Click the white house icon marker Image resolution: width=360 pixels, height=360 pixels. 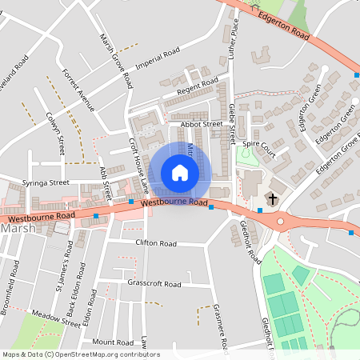click(x=180, y=173)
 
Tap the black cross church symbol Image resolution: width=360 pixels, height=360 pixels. click(x=273, y=198)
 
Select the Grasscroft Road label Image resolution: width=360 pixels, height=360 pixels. click(x=154, y=283)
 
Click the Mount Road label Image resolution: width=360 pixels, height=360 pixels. click(x=111, y=342)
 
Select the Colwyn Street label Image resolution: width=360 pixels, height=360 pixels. click(x=56, y=133)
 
